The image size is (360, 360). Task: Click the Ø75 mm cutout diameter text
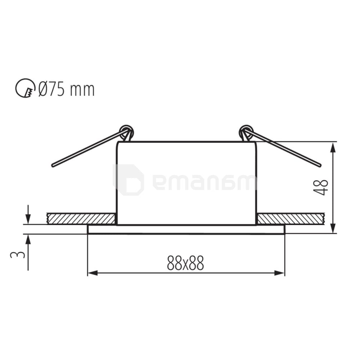pyautogui.click(x=66, y=89)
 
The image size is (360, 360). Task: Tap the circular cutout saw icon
pyautogui.click(x=25, y=88)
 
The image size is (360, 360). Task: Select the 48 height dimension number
pyautogui.click(x=322, y=187)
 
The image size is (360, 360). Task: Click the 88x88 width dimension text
pyautogui.click(x=186, y=264)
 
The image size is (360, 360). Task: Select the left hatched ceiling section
pyautogui.click(x=81, y=219)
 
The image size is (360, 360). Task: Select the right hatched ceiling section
pyautogui.click(x=291, y=219)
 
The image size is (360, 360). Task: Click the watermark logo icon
pyautogui.click(x=129, y=180)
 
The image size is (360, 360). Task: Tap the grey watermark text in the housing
pyautogui.click(x=204, y=182)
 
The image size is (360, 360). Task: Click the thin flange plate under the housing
pyautogui.click(x=186, y=229)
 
